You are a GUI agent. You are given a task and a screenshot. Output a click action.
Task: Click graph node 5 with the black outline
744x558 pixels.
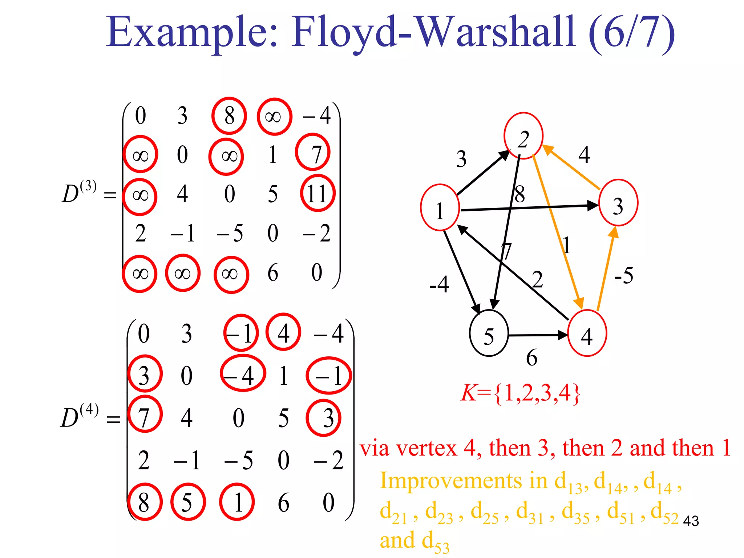489,333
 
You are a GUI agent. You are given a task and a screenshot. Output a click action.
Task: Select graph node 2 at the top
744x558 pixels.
523,136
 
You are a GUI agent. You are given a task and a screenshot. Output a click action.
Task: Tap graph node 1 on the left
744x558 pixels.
440,208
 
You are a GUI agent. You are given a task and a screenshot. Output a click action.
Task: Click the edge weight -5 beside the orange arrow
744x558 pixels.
624,275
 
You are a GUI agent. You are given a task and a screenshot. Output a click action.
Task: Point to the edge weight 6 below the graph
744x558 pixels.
531,358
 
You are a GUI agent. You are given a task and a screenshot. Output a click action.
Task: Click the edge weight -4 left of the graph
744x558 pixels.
439,284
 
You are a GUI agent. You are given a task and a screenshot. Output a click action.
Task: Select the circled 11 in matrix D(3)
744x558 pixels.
318,193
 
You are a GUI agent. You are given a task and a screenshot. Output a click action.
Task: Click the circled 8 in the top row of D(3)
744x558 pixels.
229,116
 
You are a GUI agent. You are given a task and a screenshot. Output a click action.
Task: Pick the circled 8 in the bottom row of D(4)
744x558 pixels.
144,502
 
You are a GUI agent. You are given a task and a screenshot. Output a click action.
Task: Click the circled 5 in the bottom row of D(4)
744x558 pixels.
187,502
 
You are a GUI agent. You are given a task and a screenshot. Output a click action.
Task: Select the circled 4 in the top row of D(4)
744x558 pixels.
283,332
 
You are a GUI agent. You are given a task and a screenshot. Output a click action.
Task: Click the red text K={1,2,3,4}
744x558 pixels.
520,393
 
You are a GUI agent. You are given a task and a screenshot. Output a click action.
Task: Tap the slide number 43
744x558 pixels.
691,521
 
